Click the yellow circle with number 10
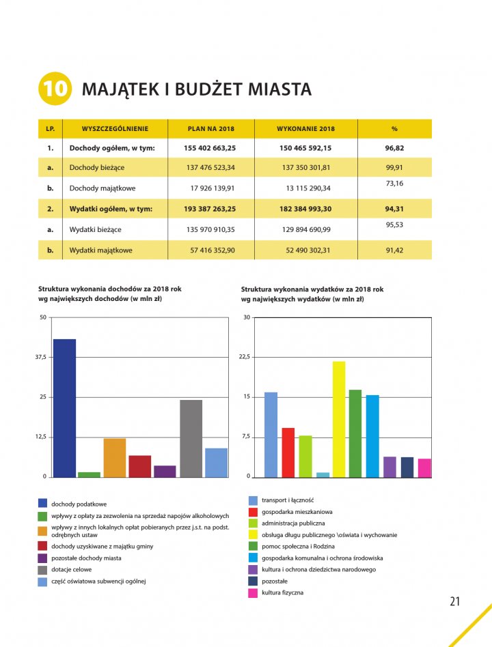tap(55, 88)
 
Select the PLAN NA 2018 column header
tap(211, 129)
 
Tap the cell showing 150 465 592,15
tap(305, 147)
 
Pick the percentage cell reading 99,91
tap(394, 167)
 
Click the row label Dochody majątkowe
tap(102, 188)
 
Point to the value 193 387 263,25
tap(210, 209)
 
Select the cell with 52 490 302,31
tap(308, 250)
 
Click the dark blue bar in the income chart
tap(65, 408)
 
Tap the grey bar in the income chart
tap(191, 439)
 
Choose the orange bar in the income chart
tap(115, 458)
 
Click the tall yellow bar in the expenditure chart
tap(339, 419)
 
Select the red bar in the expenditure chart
tap(288, 452)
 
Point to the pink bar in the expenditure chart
tap(424, 468)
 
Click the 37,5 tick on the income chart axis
tap(41, 357)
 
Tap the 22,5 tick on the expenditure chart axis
tap(245, 357)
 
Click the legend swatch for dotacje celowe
tap(42, 570)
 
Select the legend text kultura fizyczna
tap(283, 592)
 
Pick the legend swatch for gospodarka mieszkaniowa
tap(254, 512)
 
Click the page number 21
tap(455, 601)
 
